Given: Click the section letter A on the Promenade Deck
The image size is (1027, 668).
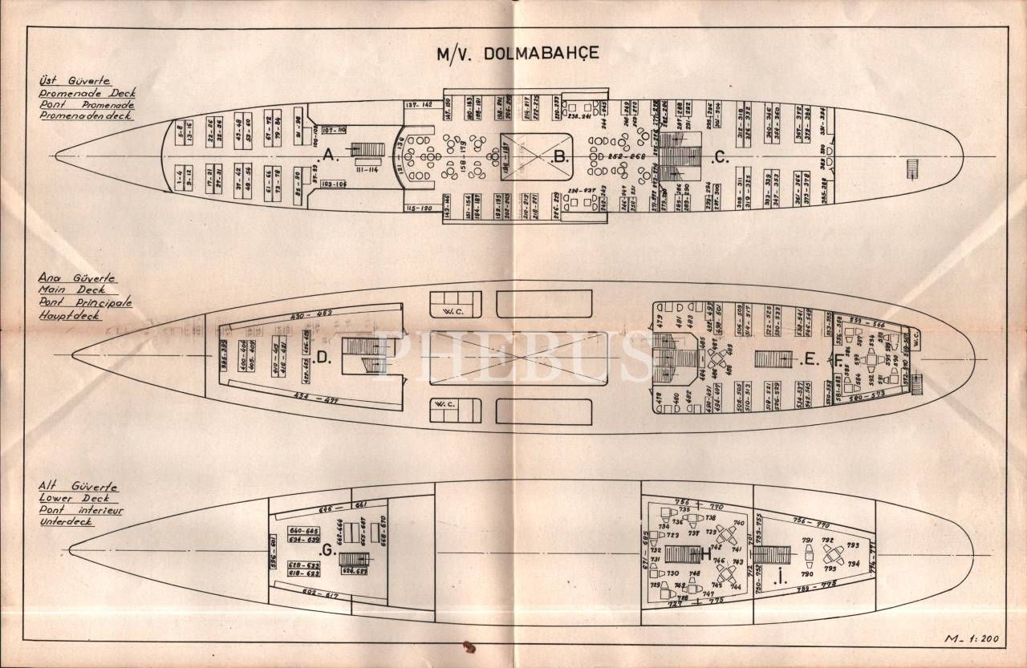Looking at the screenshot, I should (329, 158).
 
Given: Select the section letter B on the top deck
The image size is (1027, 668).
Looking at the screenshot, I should (561, 158).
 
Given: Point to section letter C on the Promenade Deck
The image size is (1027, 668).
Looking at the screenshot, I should (721, 159).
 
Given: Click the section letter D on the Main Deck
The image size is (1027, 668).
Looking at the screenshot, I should (323, 358).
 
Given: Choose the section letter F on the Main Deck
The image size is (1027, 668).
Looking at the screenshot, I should (838, 360).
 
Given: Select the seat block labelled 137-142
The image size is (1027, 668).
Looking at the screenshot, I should (420, 105).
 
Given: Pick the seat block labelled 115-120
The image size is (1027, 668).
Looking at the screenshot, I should (420, 208).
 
